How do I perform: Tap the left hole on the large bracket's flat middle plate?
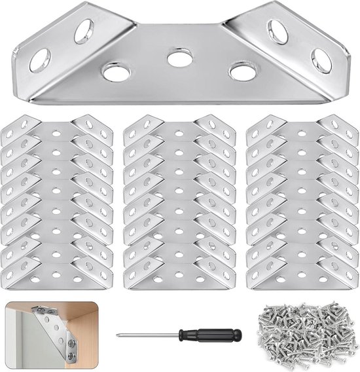[x=116, y=71]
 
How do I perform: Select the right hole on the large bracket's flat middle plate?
[x=242, y=71]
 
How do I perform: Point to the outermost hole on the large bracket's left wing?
[x=39, y=60]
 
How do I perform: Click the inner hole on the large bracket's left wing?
[x=84, y=31]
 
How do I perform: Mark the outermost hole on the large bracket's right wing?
[x=321, y=60]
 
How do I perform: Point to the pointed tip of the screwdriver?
[x=119, y=336]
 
